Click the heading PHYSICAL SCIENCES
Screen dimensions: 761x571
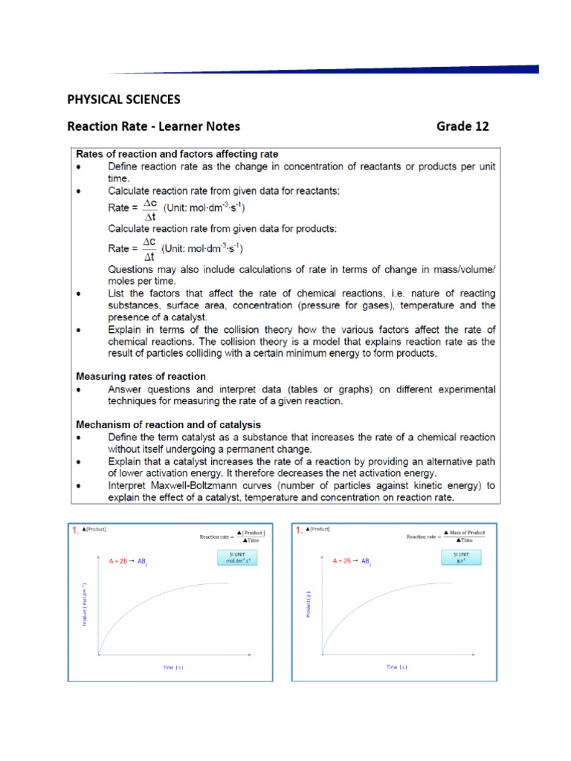click(x=123, y=99)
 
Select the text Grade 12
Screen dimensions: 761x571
click(x=462, y=126)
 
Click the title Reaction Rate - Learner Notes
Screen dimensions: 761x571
click(x=154, y=126)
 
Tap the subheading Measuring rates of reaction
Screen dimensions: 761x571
click(x=141, y=377)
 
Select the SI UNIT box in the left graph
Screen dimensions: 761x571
click(x=236, y=558)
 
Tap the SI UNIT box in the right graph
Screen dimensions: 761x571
click(x=459, y=558)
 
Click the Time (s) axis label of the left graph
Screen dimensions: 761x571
click(x=172, y=667)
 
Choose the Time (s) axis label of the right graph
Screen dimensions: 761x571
click(x=396, y=667)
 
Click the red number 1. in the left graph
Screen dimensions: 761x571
click(x=75, y=531)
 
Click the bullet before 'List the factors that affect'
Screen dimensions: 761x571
click(x=80, y=294)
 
